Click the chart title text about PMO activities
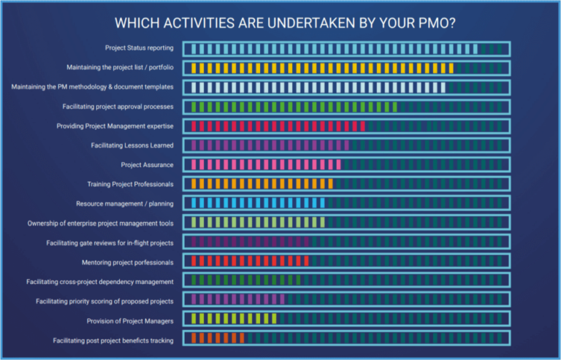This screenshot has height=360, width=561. click(280, 23)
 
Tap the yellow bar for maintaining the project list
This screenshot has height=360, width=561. click(321, 68)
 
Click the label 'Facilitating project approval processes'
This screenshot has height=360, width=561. click(118, 107)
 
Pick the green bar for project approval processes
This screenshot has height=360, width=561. click(292, 107)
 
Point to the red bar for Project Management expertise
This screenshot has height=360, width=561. click(278, 126)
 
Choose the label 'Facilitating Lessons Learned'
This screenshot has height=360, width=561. click(132, 145)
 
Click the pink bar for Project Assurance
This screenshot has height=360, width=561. click(265, 164)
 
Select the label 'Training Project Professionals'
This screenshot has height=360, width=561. click(130, 184)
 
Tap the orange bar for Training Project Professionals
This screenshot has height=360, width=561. click(261, 184)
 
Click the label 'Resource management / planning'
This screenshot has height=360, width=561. click(125, 204)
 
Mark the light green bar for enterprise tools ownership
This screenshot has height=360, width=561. click(257, 223)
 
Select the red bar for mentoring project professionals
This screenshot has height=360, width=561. click(249, 261)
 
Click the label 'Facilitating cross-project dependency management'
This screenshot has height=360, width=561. click(100, 281)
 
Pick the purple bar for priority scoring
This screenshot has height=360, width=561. click(237, 300)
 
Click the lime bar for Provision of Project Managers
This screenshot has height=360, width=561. click(233, 320)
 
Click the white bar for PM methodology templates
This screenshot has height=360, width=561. click(318, 87)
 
